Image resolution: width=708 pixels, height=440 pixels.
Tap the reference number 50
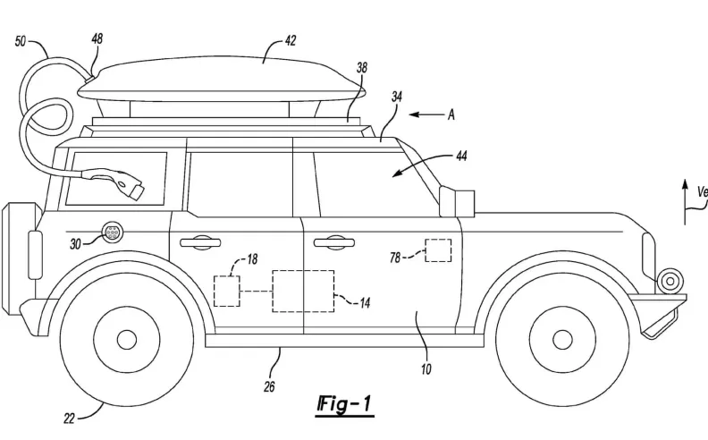pos(21,41)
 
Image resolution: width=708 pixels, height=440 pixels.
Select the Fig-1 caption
pos(343,405)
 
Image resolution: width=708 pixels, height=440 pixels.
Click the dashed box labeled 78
pos(438,250)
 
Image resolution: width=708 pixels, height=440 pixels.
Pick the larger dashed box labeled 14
pos(303,291)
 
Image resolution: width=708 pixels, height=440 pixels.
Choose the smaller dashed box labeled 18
pos(227,292)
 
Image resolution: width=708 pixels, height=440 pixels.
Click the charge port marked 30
pos(113,231)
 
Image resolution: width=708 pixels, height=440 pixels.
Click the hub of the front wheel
pos(562,339)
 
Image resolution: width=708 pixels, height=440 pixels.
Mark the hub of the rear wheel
pos(127,339)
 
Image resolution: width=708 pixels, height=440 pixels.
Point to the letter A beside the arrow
pos(451,114)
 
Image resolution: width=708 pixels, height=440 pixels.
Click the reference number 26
pos(269,386)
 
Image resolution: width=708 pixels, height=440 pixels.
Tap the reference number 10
pos(426,368)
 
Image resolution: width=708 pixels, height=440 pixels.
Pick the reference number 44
pos(461,157)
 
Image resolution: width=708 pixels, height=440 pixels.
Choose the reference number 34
pos(396,96)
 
